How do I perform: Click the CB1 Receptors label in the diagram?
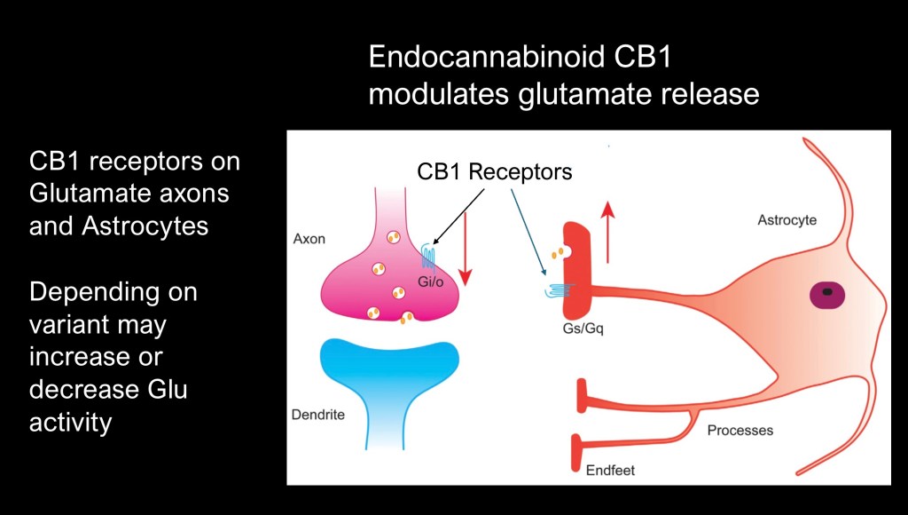[x=495, y=171]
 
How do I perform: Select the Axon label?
[x=309, y=240]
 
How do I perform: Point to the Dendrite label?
[x=317, y=415]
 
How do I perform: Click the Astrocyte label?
[x=787, y=219]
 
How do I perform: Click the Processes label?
[x=740, y=431]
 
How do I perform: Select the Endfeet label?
[x=610, y=471]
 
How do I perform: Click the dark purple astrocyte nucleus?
[x=827, y=291]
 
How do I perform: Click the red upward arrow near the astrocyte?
[x=607, y=233]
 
